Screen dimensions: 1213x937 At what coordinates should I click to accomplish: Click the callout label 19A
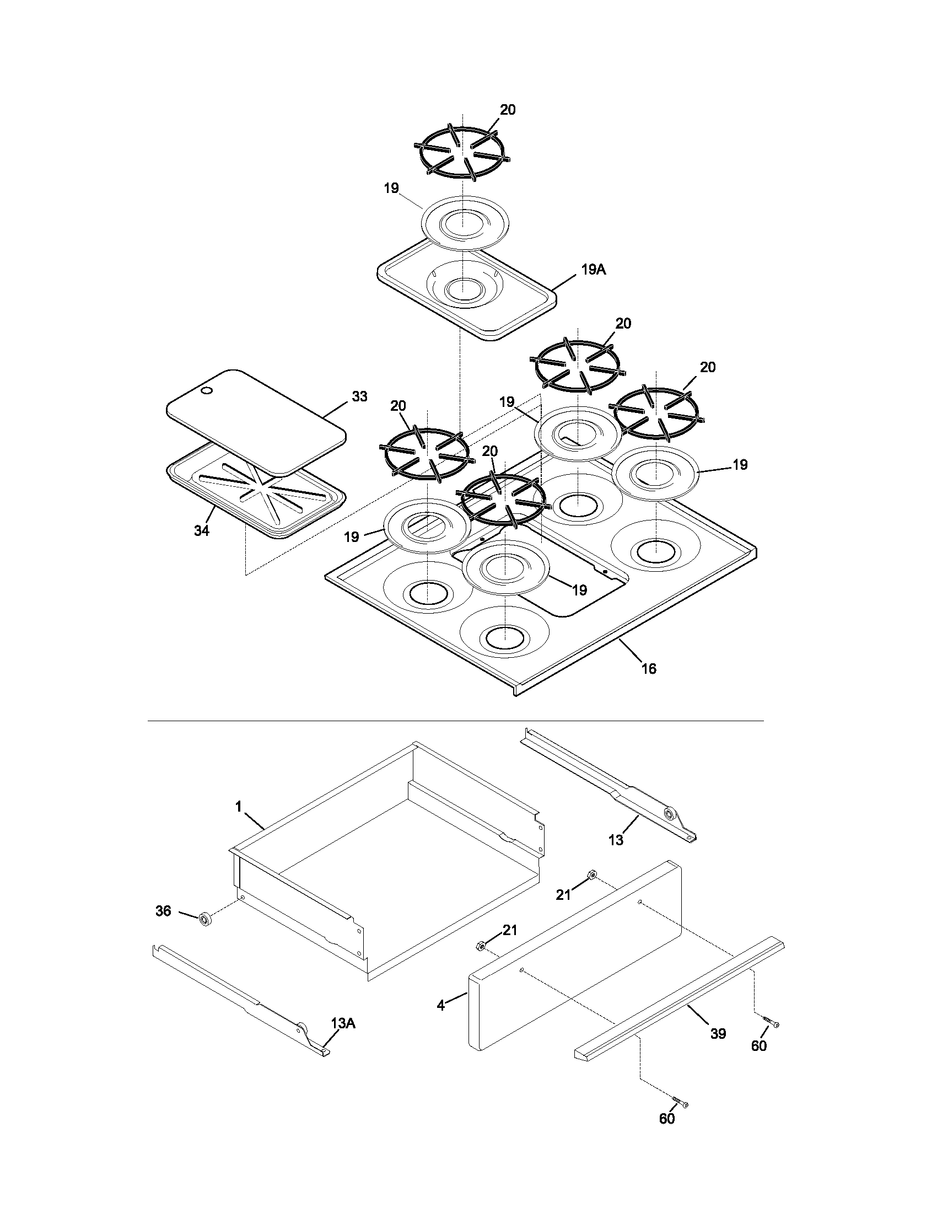click(x=594, y=270)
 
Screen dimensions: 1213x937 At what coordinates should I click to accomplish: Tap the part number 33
click(x=360, y=396)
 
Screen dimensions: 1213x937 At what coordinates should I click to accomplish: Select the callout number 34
click(x=202, y=531)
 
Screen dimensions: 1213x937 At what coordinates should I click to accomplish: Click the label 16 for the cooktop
click(x=648, y=669)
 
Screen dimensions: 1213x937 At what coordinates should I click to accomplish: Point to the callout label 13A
click(x=342, y=1022)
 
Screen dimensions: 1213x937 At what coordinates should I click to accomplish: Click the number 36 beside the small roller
click(x=163, y=911)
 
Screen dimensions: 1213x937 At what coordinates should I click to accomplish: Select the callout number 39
click(x=718, y=1034)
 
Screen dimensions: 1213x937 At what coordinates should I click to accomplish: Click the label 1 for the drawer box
click(x=239, y=807)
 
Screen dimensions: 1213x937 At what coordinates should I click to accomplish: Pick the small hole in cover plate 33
click(x=206, y=391)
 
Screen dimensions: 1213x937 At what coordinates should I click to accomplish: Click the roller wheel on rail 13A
click(x=304, y=1029)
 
